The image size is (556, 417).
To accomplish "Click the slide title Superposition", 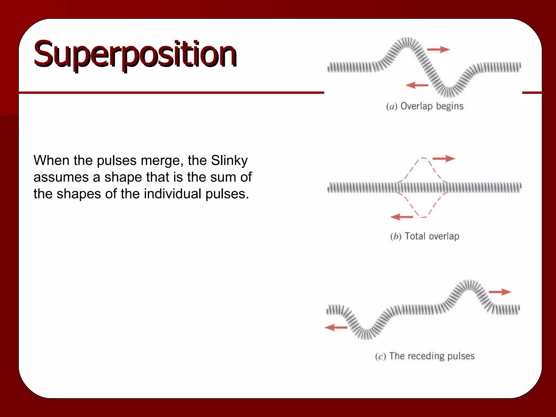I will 135,54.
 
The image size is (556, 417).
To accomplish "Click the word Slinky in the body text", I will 229,160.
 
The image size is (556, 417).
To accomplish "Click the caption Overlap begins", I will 432,106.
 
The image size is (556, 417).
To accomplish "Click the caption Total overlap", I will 432,236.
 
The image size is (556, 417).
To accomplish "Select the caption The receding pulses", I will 432,356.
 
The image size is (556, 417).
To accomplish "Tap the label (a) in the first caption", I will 391,106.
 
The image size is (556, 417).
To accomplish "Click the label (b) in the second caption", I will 396,236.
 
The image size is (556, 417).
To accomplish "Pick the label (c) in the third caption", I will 380,356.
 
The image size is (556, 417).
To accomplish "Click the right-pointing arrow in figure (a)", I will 438,49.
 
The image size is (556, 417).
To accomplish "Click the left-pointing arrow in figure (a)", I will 417,85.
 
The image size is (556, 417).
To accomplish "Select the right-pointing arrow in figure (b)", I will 444,158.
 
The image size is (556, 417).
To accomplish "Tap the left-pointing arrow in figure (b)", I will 402,217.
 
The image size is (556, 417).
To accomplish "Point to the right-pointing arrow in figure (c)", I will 500,292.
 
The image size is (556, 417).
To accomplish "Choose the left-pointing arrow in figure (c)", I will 336,327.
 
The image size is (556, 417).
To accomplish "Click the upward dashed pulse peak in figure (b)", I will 424,158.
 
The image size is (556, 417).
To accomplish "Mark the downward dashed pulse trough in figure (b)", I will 423,217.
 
